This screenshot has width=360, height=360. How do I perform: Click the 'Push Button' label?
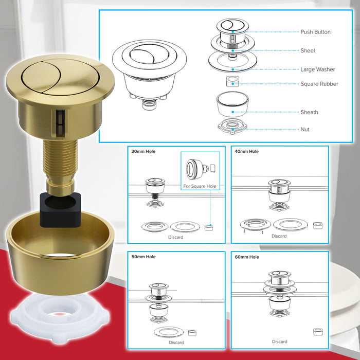tap(315, 32)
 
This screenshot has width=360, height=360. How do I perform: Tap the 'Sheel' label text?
tap(308, 51)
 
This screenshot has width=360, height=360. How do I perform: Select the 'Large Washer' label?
tap(317, 69)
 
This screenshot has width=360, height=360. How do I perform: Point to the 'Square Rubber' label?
tap(319, 84)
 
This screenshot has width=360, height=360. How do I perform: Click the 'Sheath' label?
tap(309, 112)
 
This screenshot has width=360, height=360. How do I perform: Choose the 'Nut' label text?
tap(305, 130)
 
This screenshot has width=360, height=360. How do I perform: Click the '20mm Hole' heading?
tap(143, 152)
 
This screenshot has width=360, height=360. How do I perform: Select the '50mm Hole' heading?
tap(143, 257)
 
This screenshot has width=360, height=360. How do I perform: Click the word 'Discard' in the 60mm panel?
tap(279, 341)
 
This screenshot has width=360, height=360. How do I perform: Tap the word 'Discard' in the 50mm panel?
tap(175, 343)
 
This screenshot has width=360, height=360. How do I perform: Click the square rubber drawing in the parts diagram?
tap(232, 81)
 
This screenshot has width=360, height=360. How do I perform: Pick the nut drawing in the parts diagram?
tap(232, 127)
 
